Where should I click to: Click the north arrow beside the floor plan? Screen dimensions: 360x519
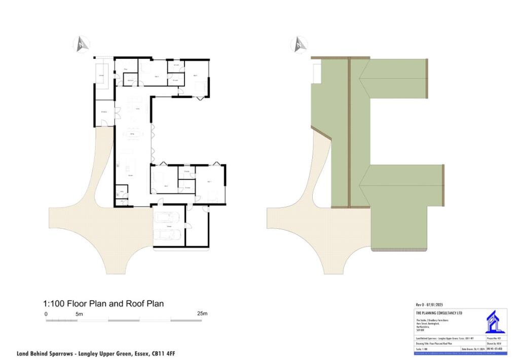(82, 44)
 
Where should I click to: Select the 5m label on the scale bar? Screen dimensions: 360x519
(79, 314)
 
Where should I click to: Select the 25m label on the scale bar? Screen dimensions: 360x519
(202, 314)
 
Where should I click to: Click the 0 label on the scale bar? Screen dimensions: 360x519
(46, 314)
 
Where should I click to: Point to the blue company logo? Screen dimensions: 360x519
(494, 322)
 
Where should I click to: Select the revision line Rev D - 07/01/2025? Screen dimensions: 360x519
(429, 305)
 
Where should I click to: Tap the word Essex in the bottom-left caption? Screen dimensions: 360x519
(123, 353)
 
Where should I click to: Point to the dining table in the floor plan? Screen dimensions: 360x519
(133, 134)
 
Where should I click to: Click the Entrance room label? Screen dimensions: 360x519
(104, 111)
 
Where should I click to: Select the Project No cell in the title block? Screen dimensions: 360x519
(496, 338)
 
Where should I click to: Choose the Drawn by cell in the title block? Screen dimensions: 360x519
(496, 343)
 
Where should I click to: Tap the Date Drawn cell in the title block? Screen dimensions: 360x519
(473, 349)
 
